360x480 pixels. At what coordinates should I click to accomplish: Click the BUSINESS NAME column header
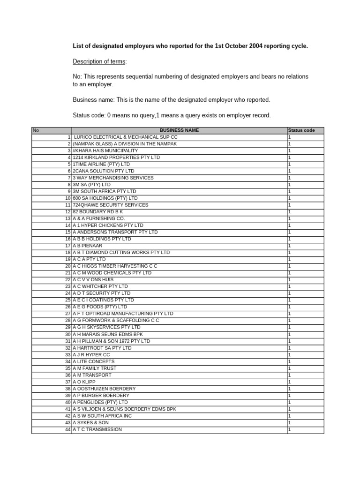click(x=179, y=130)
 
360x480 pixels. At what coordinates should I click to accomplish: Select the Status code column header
click(x=301, y=130)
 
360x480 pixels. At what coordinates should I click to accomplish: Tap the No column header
click(x=35, y=130)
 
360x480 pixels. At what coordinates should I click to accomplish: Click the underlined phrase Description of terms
click(x=99, y=61)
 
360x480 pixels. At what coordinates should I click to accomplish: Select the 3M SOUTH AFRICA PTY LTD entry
click(x=105, y=191)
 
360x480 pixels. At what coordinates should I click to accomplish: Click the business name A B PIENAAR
click(x=88, y=246)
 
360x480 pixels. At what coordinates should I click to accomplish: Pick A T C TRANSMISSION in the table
click(x=97, y=429)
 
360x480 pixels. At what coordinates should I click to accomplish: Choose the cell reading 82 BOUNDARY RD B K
click(x=98, y=212)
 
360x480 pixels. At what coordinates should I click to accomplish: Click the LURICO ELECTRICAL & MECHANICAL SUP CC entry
click(x=126, y=137)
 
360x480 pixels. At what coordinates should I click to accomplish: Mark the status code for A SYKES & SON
click(x=290, y=423)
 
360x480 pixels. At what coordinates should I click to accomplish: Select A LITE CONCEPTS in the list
click(x=94, y=361)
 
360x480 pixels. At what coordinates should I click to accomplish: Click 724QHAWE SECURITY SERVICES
click(x=111, y=205)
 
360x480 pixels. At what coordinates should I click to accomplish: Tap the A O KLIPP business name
click(x=84, y=382)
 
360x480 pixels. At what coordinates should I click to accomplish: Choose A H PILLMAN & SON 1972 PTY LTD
click(x=112, y=341)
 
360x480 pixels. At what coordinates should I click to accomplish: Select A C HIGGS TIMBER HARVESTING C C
click(x=115, y=266)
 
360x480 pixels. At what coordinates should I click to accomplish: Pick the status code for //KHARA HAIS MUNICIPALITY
click(x=290, y=151)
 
